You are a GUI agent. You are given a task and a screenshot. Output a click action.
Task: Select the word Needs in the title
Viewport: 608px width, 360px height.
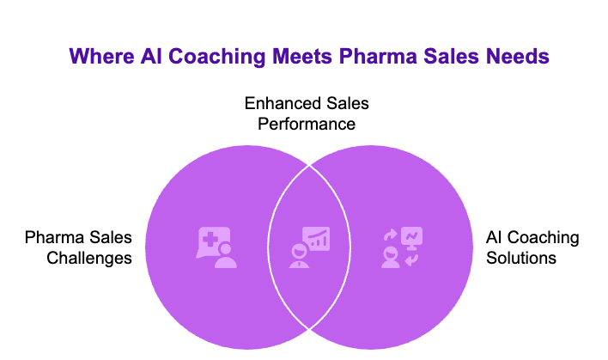pos(512,58)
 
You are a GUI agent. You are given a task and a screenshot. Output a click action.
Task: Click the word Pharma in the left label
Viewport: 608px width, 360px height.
pos(56,237)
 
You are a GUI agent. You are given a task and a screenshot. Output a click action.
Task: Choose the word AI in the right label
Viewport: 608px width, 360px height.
pos(495,237)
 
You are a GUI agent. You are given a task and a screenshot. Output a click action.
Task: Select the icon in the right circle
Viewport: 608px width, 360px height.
pos(400,247)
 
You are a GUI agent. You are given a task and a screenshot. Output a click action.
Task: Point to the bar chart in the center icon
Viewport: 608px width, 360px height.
pos(319,238)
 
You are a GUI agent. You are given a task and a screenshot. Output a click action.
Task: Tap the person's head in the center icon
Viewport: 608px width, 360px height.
pos(299,252)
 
